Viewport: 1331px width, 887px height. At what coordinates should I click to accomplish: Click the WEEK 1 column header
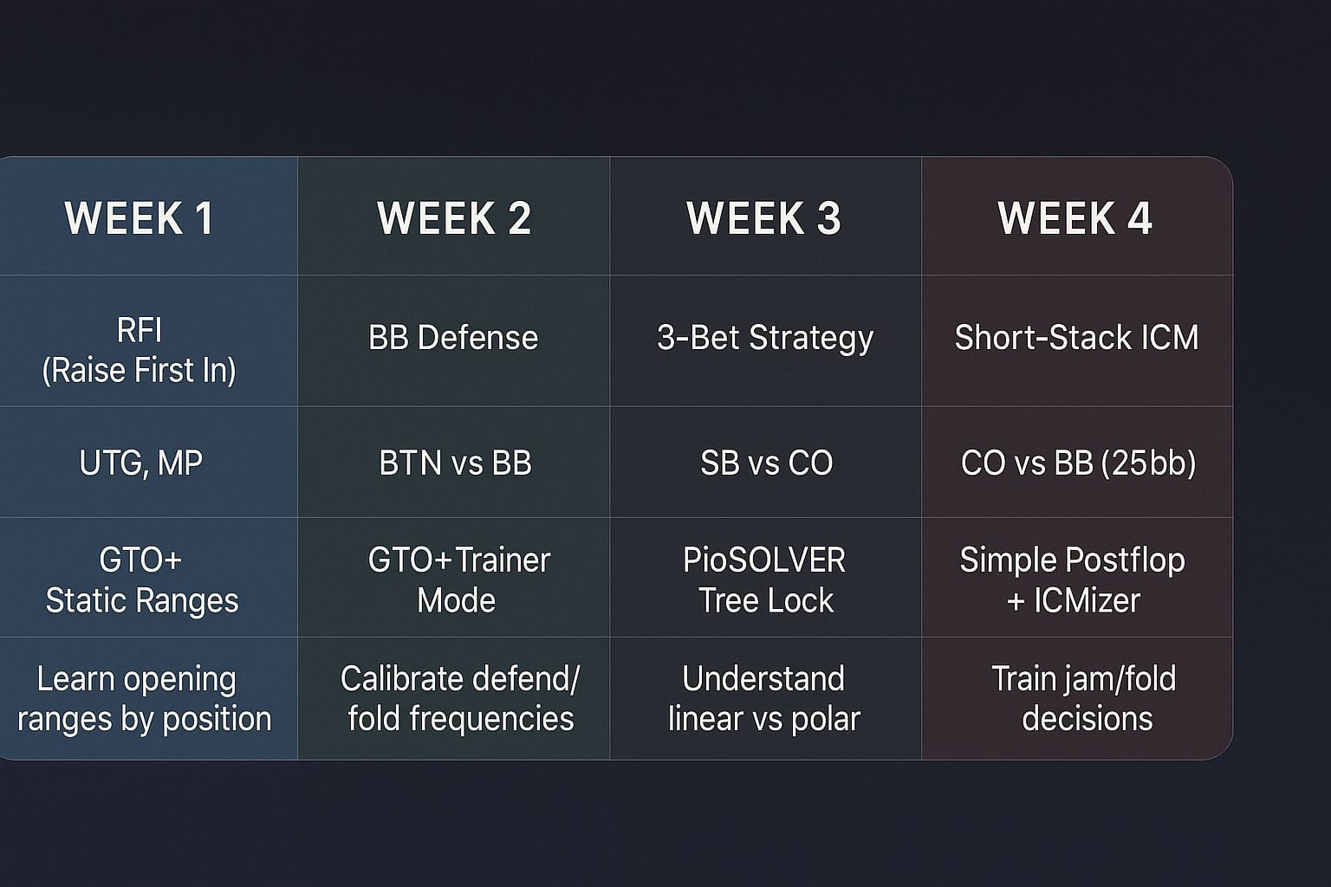(x=139, y=218)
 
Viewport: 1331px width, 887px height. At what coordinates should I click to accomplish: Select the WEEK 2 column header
(x=454, y=218)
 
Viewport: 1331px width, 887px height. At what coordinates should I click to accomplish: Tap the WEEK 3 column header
(x=764, y=218)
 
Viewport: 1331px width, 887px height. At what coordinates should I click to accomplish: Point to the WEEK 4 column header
(x=1075, y=218)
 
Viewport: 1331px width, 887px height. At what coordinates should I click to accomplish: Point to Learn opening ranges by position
(x=145, y=699)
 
